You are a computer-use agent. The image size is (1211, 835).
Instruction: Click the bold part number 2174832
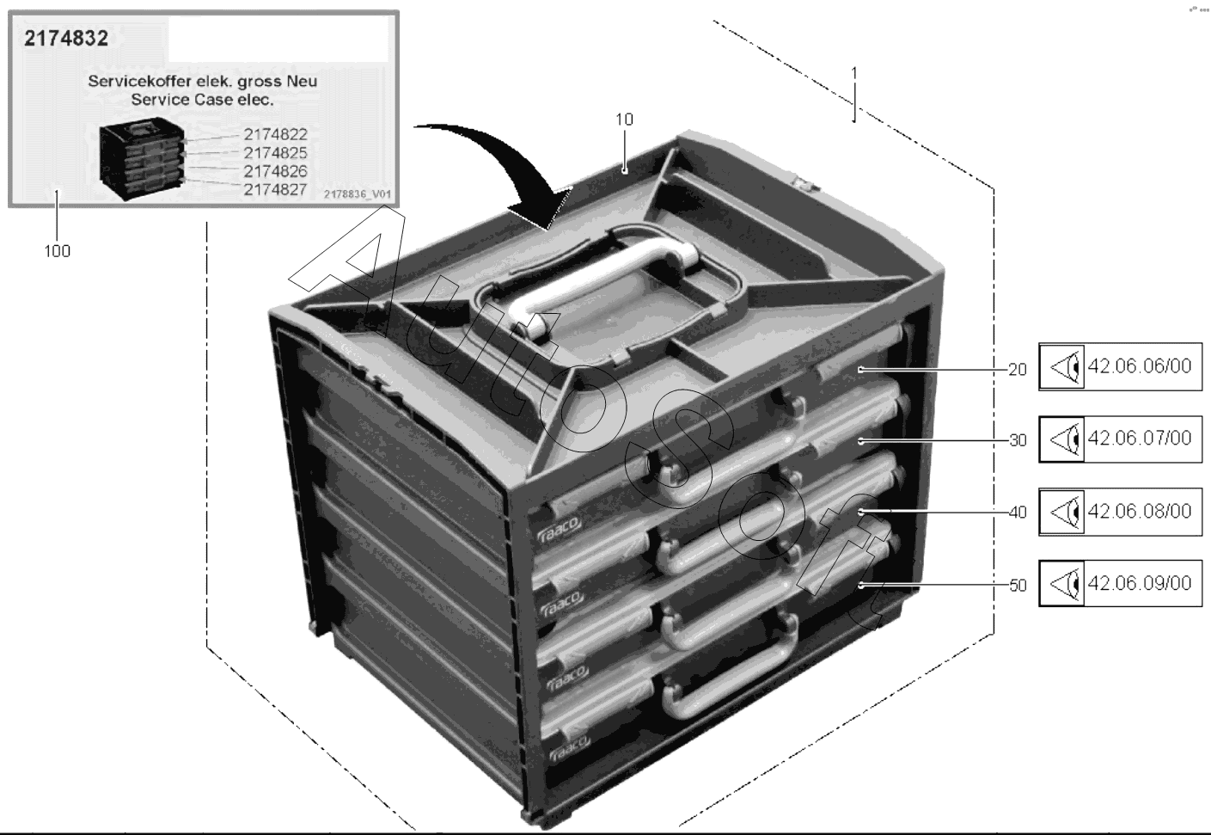[66, 39]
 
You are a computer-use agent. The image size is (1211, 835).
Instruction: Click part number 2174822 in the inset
[275, 134]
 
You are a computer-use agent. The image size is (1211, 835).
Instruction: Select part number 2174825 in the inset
[275, 152]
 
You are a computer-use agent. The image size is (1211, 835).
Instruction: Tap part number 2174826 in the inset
[275, 171]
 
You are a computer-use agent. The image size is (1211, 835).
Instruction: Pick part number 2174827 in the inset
[275, 189]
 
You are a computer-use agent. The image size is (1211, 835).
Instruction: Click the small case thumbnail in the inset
[142, 158]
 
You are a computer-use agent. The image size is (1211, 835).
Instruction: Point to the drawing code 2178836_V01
[358, 194]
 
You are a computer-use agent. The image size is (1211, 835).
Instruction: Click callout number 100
[57, 251]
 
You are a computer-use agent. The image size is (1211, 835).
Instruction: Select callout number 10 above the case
[625, 120]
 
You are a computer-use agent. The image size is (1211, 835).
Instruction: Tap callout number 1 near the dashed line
[854, 73]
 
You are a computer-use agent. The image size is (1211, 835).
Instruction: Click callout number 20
[1018, 370]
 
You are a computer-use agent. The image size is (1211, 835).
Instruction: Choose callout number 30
[1018, 440]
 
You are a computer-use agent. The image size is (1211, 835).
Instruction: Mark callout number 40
[1018, 513]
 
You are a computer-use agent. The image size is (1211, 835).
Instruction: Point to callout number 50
[1018, 585]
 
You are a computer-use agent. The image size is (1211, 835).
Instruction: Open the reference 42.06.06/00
[1140, 366]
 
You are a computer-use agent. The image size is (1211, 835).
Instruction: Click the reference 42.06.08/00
[1140, 511]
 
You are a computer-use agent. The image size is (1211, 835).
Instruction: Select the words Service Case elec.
[202, 100]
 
